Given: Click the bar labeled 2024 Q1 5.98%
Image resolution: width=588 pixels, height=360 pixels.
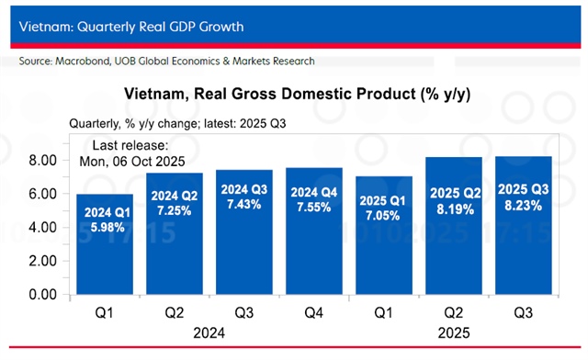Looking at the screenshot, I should coord(105,244).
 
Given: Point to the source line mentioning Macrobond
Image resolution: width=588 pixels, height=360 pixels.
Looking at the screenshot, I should coord(166,61).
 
